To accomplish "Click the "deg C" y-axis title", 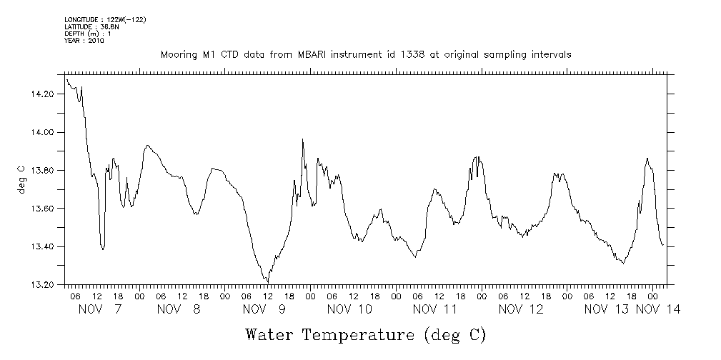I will coord(21,179).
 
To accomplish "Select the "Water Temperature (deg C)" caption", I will coord(365,334).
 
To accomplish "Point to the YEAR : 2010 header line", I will coord(84,41).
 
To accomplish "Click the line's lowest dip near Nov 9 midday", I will coord(267,281).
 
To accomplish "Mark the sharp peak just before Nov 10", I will coord(303,139).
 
